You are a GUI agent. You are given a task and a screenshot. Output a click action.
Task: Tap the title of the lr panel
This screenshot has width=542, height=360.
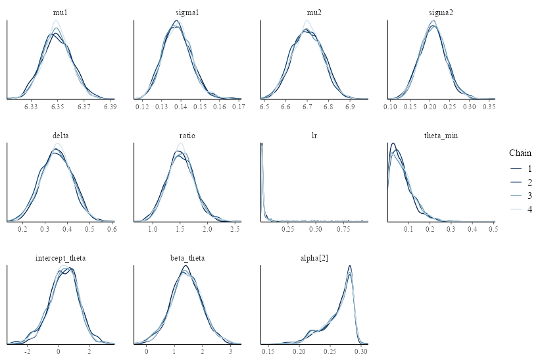pos(314,136)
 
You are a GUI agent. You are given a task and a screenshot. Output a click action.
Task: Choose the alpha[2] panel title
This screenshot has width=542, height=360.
pos(314,258)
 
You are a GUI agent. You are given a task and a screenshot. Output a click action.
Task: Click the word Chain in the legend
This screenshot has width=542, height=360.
pos(520,153)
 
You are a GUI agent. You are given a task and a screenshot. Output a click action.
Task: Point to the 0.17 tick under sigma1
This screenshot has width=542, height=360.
pos(237,106)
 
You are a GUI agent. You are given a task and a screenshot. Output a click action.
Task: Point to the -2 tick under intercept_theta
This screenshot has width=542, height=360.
pos(27,351)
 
